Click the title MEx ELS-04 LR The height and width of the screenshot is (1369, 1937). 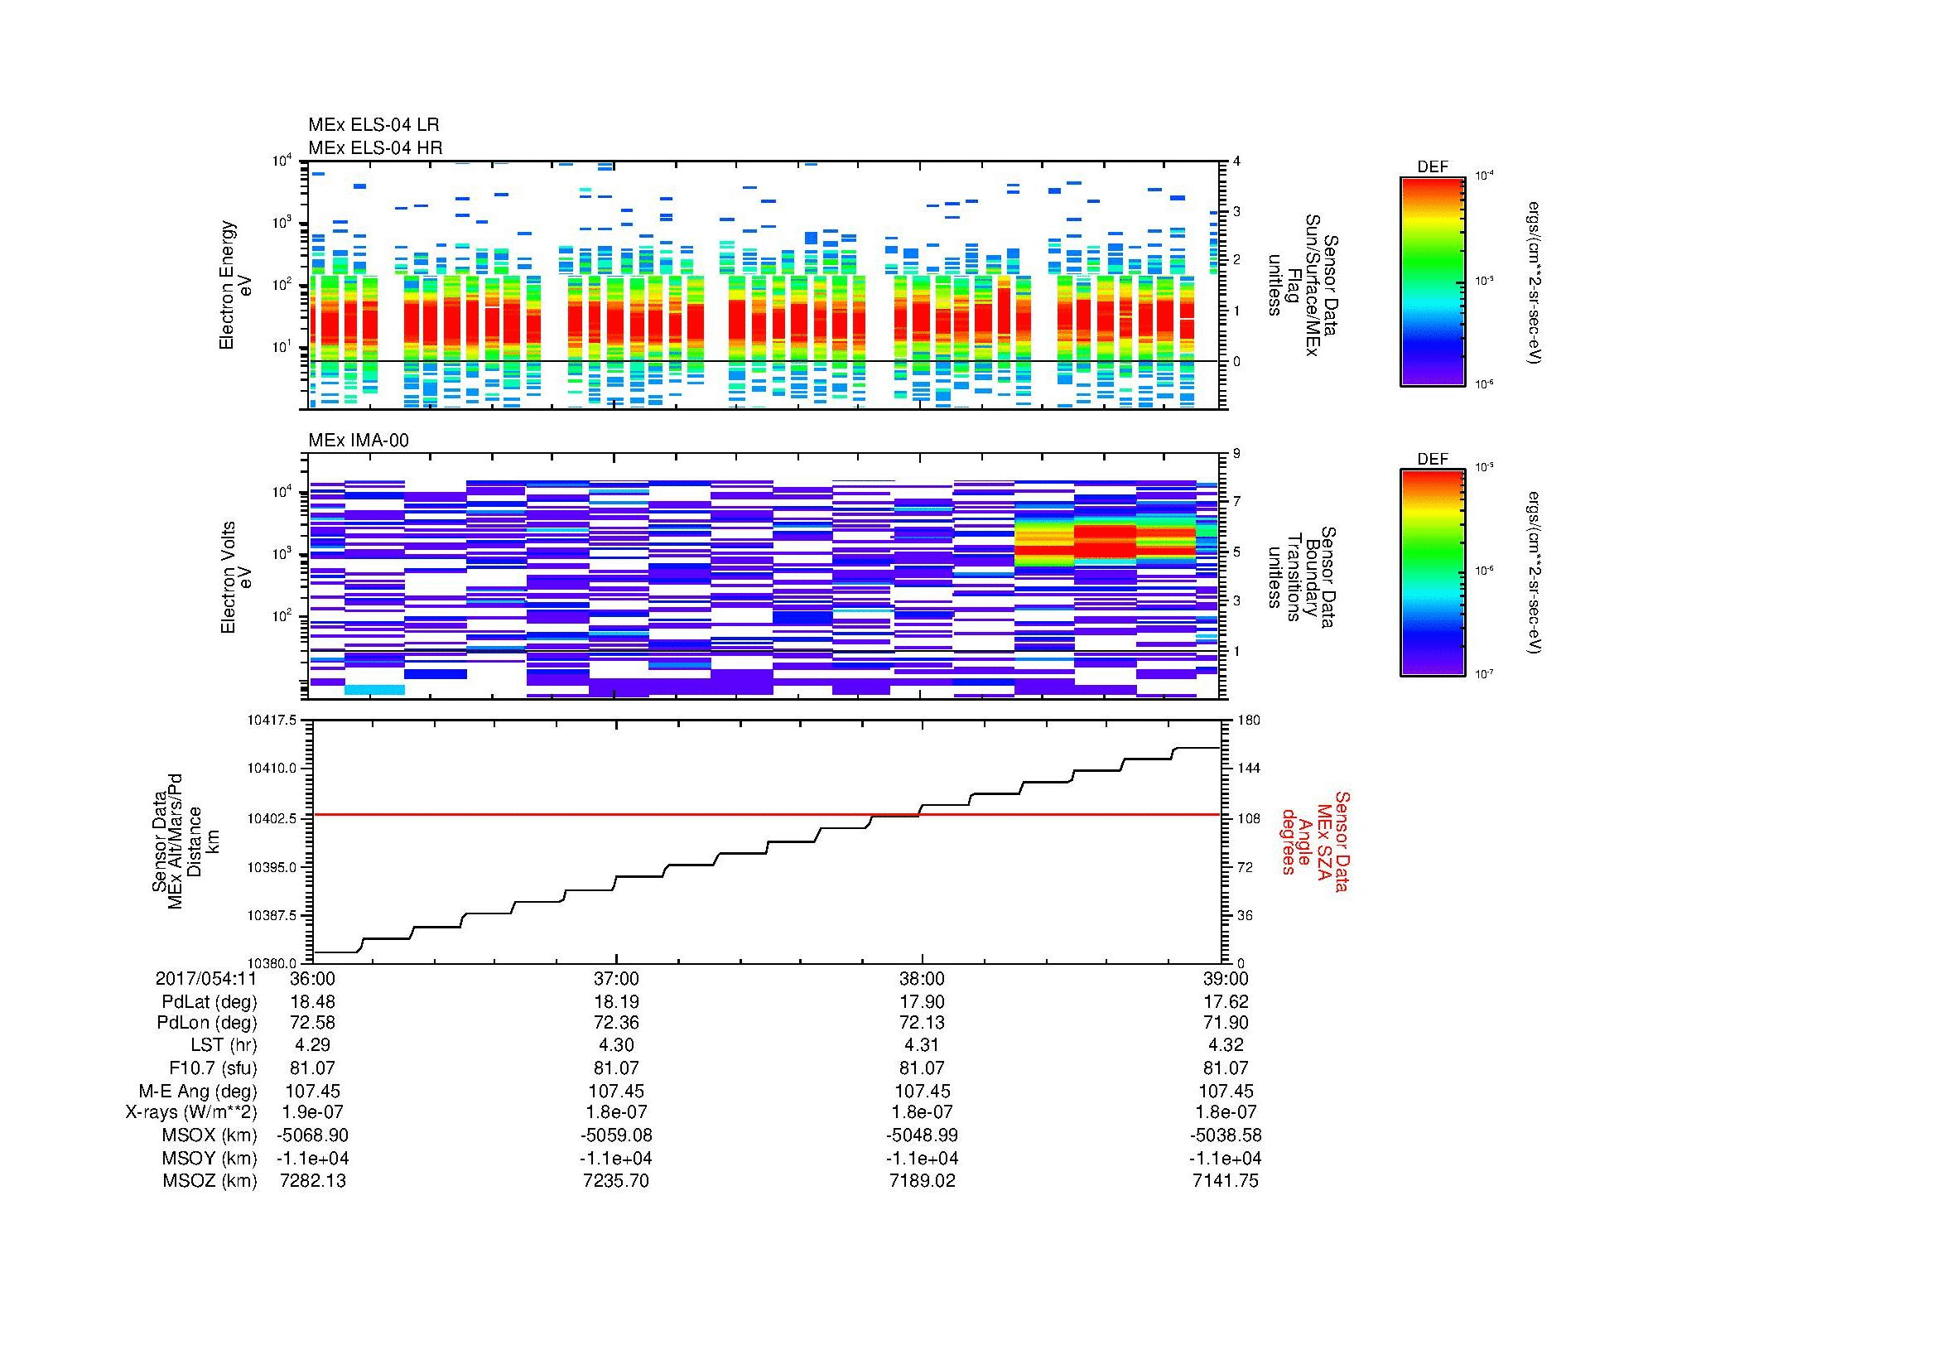[x=373, y=126]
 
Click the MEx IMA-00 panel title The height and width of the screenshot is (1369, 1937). [x=359, y=441]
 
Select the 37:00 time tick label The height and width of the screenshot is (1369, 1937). [x=616, y=978]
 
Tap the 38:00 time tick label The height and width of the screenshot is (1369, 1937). [x=922, y=978]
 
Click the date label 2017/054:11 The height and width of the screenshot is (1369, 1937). [x=206, y=978]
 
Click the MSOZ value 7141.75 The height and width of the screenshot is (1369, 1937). [x=1225, y=1181]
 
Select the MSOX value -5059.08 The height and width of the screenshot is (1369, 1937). [x=616, y=1135]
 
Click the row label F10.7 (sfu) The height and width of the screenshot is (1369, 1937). [x=213, y=1068]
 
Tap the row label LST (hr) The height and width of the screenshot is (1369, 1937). [x=224, y=1045]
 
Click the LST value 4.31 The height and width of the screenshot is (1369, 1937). [x=922, y=1045]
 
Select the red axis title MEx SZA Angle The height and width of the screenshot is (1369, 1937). [x=1314, y=841]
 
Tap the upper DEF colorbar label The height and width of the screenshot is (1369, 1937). [x=1433, y=167]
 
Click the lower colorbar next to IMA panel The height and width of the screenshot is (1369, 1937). [x=1433, y=574]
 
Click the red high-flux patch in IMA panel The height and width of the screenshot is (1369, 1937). [x=1106, y=541]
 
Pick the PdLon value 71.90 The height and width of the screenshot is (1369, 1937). [x=1225, y=1023]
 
